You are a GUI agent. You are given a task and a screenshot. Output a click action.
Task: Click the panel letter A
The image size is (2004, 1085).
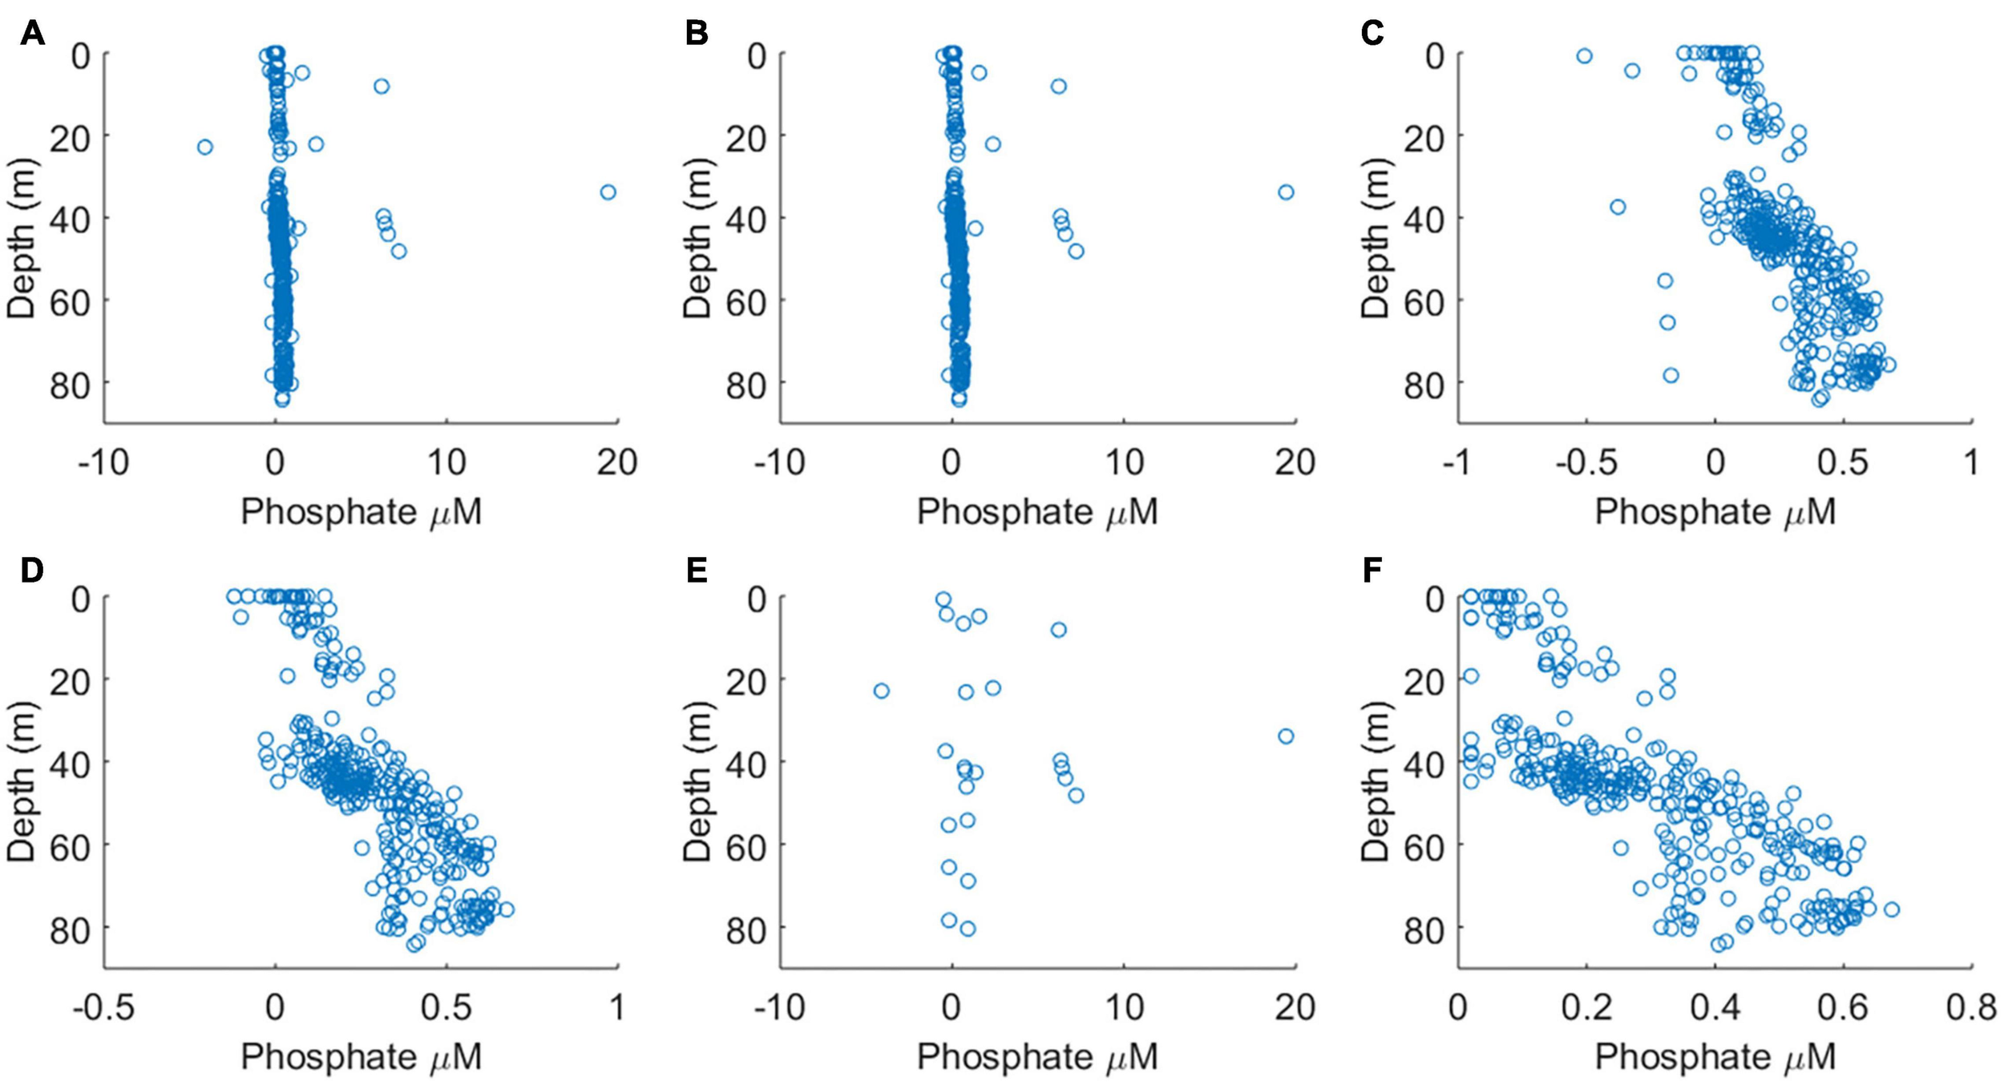coord(31,34)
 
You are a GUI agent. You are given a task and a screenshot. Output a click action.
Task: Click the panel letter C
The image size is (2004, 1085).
coord(1372,34)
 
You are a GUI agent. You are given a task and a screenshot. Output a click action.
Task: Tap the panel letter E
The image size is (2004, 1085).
coord(697,571)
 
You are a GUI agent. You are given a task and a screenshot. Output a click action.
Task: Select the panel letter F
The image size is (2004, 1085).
coord(1372,571)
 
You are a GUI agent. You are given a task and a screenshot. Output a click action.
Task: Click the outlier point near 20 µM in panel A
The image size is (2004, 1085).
coord(608,192)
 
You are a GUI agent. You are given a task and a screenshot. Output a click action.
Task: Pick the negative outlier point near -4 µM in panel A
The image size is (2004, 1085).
coord(205,147)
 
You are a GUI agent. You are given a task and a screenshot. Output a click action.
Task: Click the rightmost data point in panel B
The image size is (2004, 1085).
coord(1286,192)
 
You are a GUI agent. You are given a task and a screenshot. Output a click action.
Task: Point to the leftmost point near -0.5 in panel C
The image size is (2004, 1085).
coord(1584,56)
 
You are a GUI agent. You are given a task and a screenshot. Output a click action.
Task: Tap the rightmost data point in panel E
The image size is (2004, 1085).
coord(1286,736)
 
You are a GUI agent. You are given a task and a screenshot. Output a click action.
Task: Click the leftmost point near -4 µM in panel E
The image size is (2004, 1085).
coord(881,691)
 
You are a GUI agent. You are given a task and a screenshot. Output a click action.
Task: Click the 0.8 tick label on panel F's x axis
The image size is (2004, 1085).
coord(1971,1006)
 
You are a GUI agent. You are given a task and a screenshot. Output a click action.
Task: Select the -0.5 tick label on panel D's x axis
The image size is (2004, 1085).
coord(103,1006)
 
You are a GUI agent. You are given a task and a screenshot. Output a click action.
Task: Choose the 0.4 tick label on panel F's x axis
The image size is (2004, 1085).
coord(1714,1006)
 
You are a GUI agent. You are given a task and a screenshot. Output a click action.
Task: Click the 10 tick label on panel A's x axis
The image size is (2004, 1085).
coord(446,462)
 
